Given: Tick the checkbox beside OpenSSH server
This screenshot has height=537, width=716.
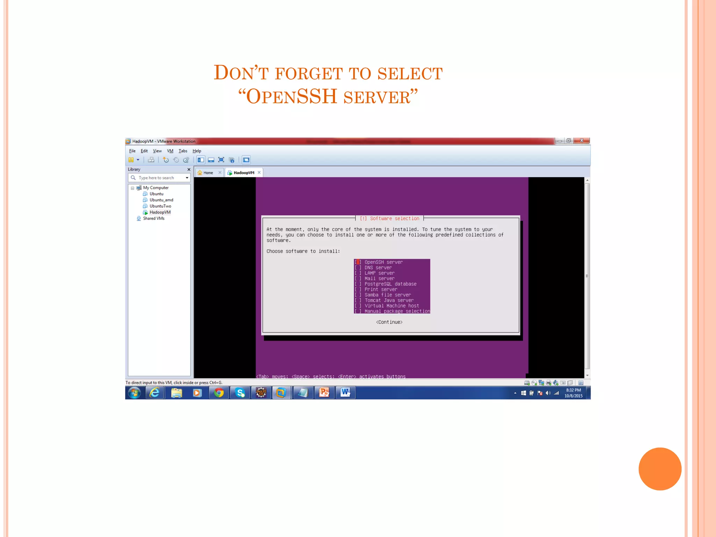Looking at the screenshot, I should pyautogui.click(x=358, y=262).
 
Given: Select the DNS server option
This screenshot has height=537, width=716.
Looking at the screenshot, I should pyautogui.click(x=378, y=267).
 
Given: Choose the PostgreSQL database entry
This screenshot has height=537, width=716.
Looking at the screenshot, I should pyautogui.click(x=390, y=284).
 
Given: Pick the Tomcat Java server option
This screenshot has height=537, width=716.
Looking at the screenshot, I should pyautogui.click(x=389, y=300).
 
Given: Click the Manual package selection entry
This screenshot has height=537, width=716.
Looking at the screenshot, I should pyautogui.click(x=397, y=311).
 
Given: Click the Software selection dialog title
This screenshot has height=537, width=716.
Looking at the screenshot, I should pyautogui.click(x=389, y=219).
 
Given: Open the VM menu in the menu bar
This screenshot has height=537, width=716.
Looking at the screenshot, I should pyautogui.click(x=170, y=151).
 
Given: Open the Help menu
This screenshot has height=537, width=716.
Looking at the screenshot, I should pyautogui.click(x=197, y=151).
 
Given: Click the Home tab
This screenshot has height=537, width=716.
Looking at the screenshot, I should pyautogui.click(x=208, y=173).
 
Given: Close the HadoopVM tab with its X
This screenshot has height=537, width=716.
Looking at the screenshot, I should pyautogui.click(x=259, y=172).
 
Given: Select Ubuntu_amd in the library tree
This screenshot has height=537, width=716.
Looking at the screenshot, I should pyautogui.click(x=161, y=200).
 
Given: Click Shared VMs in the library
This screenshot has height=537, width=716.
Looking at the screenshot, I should pyautogui.click(x=153, y=219).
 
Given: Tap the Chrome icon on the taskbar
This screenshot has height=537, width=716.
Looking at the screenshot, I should pyautogui.click(x=219, y=393).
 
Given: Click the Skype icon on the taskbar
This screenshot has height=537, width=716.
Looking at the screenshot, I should pyautogui.click(x=240, y=393).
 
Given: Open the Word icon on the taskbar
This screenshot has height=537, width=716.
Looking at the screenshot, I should pyautogui.click(x=345, y=393).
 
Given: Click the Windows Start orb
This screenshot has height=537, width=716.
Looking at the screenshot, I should pyautogui.click(x=134, y=393).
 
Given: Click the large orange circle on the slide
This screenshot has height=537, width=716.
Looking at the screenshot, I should pyautogui.click(x=660, y=469).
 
